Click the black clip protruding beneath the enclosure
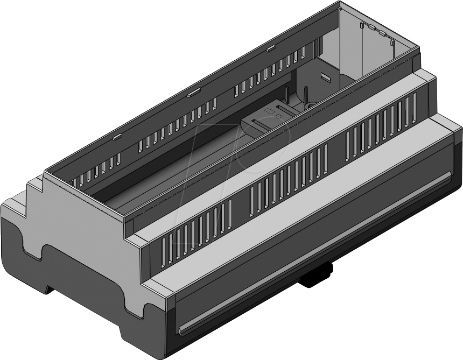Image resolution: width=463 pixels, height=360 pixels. [x=317, y=276]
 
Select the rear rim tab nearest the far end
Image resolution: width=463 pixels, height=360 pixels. [x=271, y=49]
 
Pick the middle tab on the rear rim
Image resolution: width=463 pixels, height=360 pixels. [x=192, y=94]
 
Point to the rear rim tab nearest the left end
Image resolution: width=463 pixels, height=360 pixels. [x=116, y=137]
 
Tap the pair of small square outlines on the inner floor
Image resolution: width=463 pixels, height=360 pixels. [x=271, y=113]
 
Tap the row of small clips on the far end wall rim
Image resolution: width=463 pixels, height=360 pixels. [x=377, y=30]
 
